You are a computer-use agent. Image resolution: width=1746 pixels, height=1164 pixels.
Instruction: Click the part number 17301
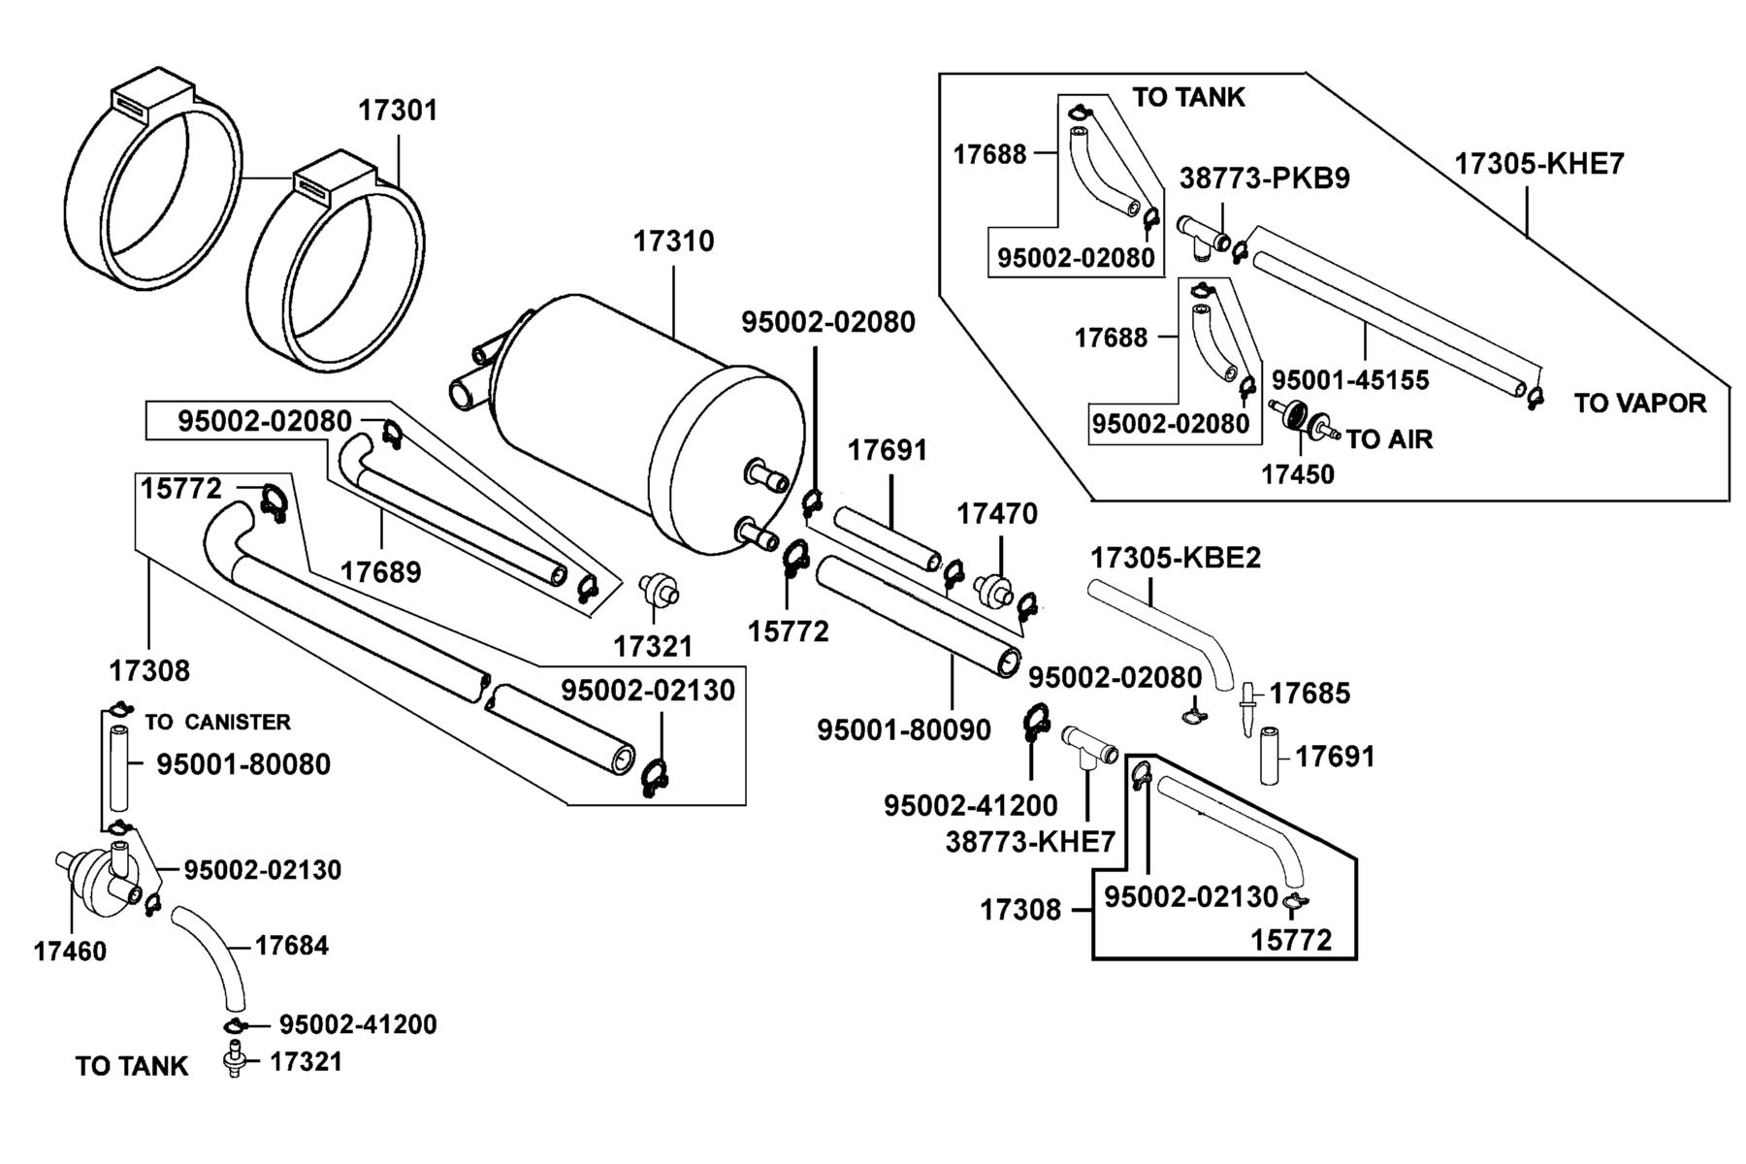pyautogui.click(x=398, y=111)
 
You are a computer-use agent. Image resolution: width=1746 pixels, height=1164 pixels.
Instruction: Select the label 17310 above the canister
pyautogui.click(x=673, y=242)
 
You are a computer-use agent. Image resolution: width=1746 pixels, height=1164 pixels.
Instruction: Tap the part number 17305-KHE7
pyautogui.click(x=1538, y=164)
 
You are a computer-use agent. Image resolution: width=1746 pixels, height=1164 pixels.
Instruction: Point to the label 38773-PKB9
pyautogui.click(x=1265, y=179)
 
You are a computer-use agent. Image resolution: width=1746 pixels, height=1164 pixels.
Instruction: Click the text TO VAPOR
pyautogui.click(x=1639, y=403)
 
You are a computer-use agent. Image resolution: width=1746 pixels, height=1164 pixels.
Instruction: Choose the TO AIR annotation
pyautogui.click(x=1389, y=439)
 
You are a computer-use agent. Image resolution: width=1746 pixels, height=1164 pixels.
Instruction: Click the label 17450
pyautogui.click(x=1297, y=474)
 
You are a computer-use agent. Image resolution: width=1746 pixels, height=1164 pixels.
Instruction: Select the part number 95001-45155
pyautogui.click(x=1350, y=380)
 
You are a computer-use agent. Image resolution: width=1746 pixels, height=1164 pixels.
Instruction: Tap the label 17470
pyautogui.click(x=997, y=513)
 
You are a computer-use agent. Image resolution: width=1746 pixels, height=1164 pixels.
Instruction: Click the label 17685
pyautogui.click(x=1309, y=694)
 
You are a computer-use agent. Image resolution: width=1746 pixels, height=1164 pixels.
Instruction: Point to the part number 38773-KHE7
pyautogui.click(x=1030, y=842)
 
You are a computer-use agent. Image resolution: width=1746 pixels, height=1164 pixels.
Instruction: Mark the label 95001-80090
pyautogui.click(x=904, y=729)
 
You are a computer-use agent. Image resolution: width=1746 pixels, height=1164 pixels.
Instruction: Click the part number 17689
pyautogui.click(x=380, y=572)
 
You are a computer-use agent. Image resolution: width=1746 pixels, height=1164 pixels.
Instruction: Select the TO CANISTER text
pyautogui.click(x=218, y=722)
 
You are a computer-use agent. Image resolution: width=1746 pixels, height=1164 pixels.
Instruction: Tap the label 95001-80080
pyautogui.click(x=243, y=764)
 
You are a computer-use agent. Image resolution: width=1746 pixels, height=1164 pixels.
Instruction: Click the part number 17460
pyautogui.click(x=70, y=952)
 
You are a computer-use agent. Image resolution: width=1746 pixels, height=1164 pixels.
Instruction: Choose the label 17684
pyautogui.click(x=292, y=945)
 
